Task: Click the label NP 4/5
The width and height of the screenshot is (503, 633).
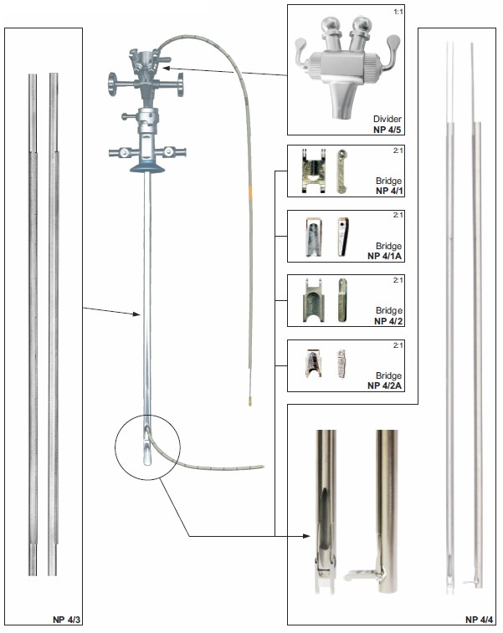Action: click(388, 130)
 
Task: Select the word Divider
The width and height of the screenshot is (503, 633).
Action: click(388, 119)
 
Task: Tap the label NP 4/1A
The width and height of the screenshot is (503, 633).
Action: click(385, 256)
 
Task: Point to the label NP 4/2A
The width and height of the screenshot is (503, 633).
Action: click(385, 385)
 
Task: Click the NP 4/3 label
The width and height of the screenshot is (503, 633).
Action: click(67, 620)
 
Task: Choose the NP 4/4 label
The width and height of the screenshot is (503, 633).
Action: click(480, 620)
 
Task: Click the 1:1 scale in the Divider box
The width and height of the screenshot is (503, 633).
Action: click(398, 12)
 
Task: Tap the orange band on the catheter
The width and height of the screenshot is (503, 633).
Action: click(250, 191)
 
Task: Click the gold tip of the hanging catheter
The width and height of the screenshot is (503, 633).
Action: click(250, 401)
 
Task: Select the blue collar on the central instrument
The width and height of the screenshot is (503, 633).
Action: click(147, 166)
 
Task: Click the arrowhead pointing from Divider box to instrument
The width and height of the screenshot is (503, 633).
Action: click(167, 68)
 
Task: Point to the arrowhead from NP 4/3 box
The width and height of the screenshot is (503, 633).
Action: click(136, 314)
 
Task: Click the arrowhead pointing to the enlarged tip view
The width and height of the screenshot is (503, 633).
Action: click(306, 536)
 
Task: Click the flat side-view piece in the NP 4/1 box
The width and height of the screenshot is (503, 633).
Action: click(342, 171)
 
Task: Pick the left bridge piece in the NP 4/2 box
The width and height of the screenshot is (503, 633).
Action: click(314, 300)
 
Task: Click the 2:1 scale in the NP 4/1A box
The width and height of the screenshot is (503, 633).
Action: click(398, 215)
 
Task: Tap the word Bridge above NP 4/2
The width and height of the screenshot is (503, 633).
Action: click(388, 310)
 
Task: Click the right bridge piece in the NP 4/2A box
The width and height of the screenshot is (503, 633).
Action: click(341, 364)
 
